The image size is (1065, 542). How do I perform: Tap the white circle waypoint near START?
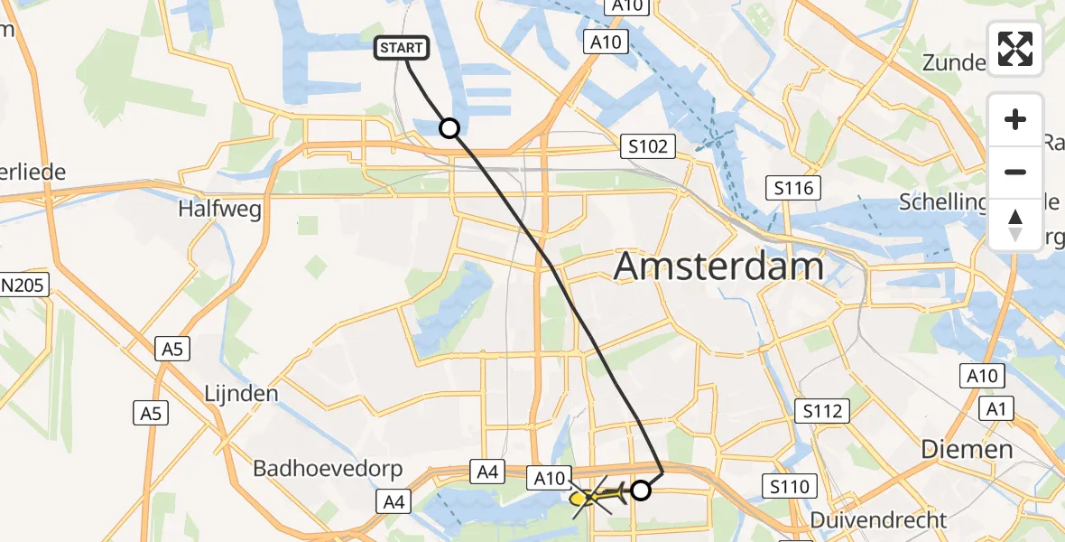449,128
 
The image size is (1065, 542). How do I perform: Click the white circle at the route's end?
640,491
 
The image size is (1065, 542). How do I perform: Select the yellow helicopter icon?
597,496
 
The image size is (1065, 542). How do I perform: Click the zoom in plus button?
1015,119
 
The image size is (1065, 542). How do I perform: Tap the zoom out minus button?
1015,172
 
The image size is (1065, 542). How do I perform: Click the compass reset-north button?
1015,225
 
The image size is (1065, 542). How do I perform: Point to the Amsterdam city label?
718,267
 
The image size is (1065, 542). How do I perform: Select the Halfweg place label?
219,210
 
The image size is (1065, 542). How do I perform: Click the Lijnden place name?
241,394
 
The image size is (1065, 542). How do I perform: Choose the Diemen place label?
967,449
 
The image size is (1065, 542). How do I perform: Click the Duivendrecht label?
878,520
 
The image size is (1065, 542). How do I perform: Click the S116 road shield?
794,189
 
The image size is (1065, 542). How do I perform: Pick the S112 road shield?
822,412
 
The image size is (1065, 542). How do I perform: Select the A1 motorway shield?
996,409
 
